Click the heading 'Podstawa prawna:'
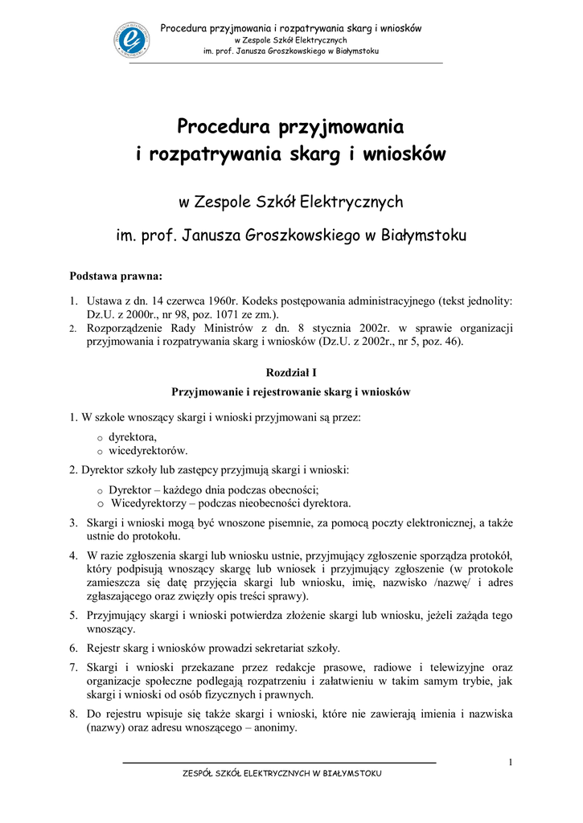coord(116,276)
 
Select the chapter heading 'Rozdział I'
coord(291,373)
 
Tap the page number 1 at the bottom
coord(511,762)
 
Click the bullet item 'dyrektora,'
coord(132,437)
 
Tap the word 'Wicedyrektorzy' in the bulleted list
coord(148,504)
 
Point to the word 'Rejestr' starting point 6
coord(105,648)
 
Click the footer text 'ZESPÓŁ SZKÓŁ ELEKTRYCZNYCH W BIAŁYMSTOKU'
coord(282,773)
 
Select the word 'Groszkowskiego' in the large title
coord(298,235)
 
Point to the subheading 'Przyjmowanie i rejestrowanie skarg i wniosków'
coord(291,391)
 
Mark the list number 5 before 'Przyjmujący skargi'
coord(73,615)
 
